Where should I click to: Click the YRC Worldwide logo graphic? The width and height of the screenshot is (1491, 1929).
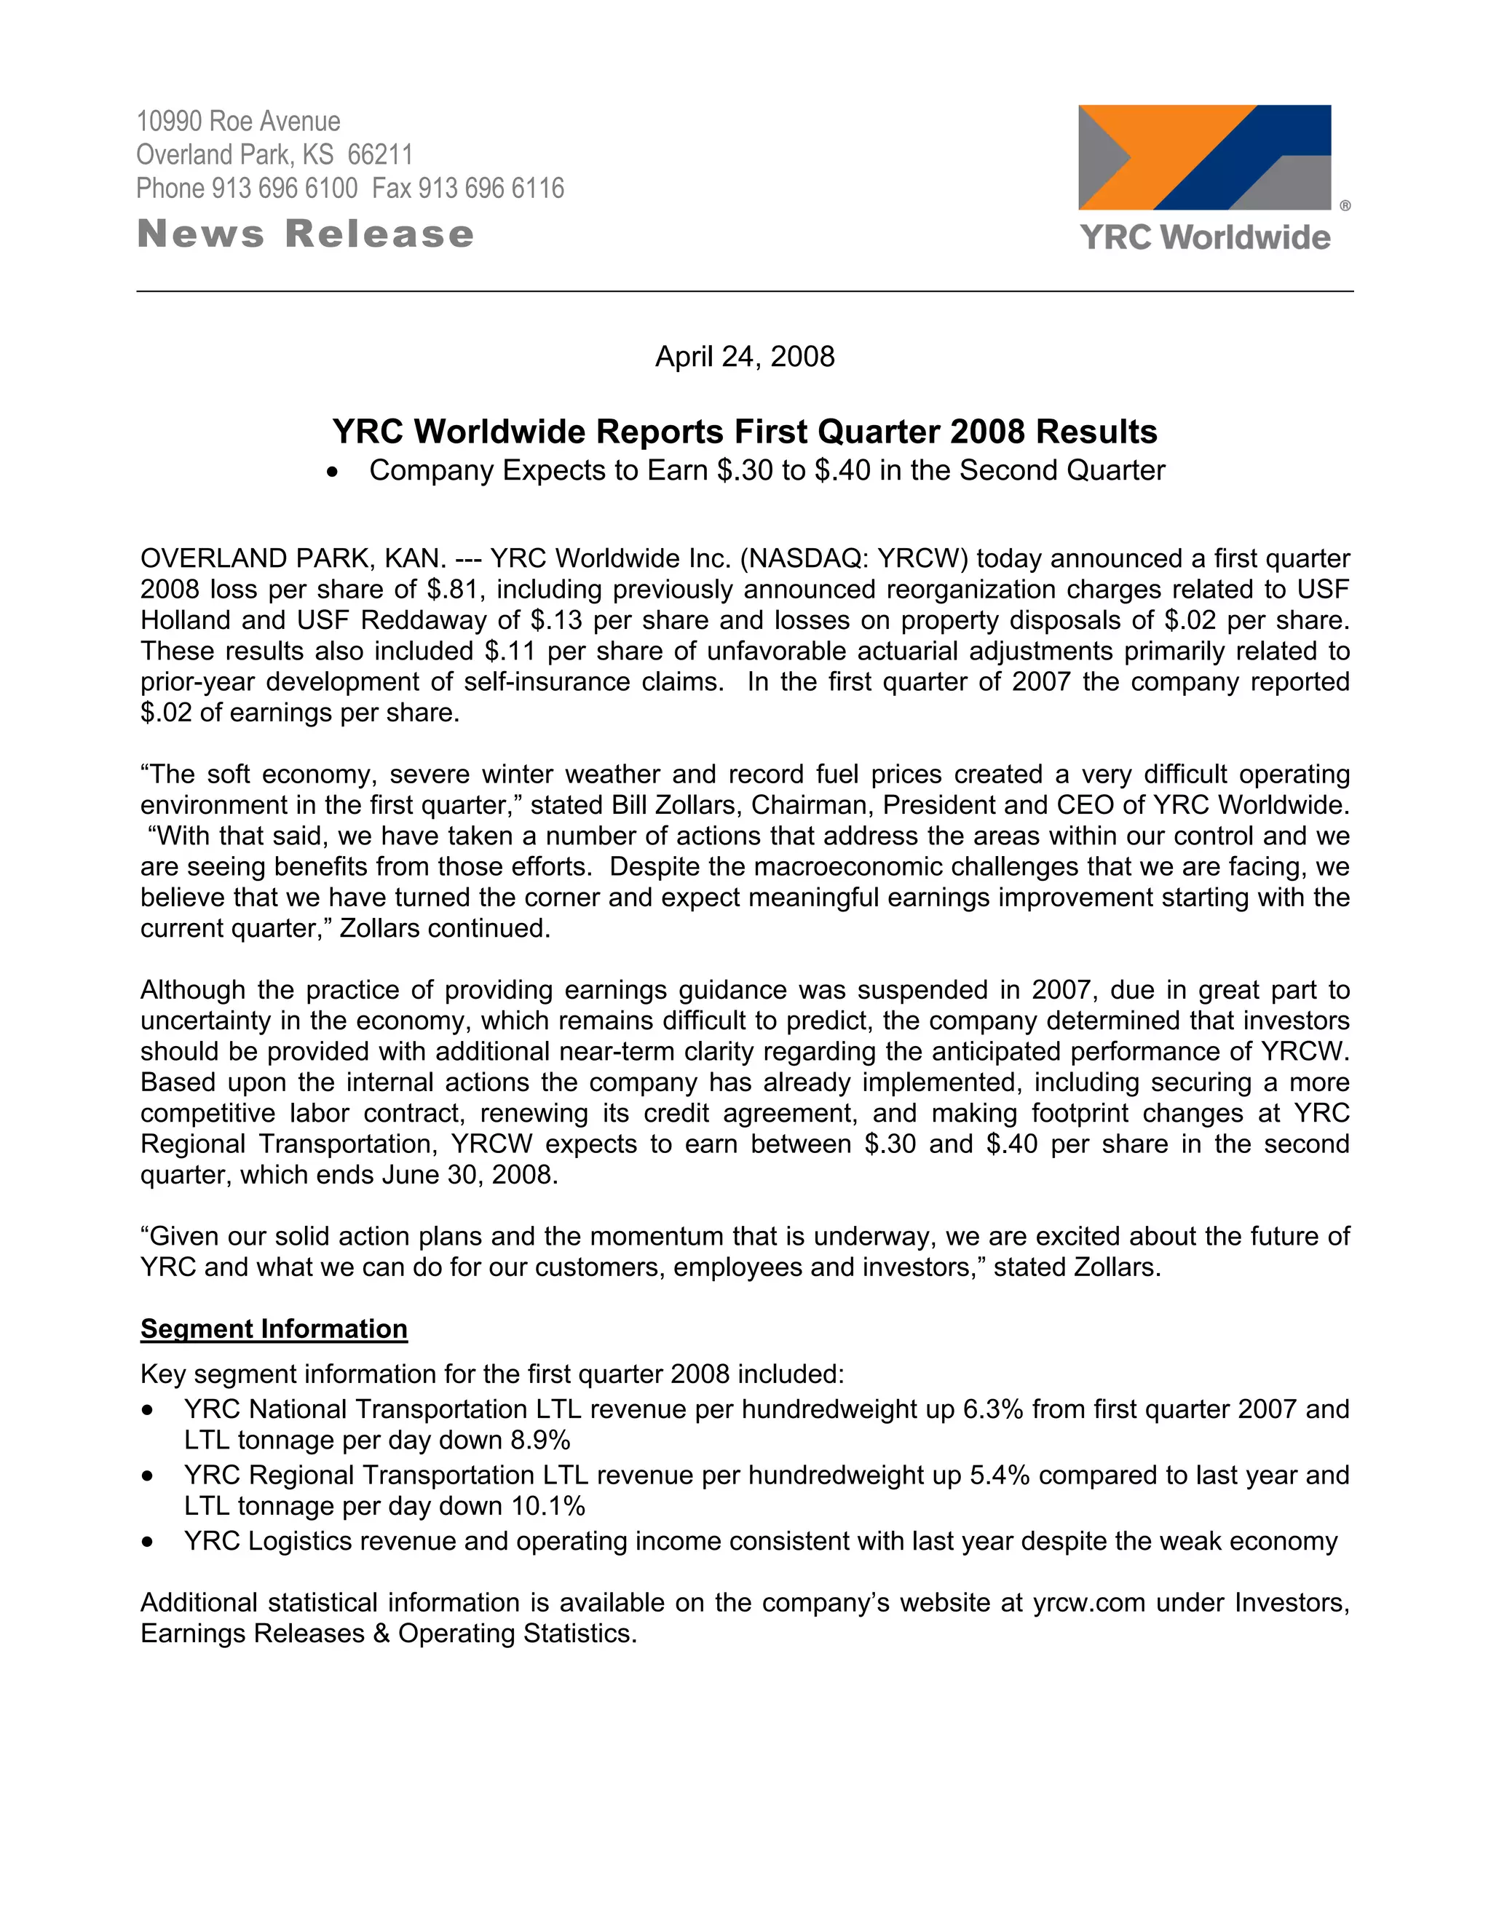point(1204,157)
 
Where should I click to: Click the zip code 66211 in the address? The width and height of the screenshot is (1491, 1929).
point(380,154)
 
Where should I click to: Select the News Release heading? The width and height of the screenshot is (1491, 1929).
point(306,234)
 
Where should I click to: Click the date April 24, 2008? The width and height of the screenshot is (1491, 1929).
point(745,357)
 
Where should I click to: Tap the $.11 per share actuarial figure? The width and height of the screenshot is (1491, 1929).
point(511,651)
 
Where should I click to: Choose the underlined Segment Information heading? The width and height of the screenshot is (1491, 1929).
point(274,1329)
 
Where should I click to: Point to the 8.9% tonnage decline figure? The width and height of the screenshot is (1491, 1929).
point(541,1441)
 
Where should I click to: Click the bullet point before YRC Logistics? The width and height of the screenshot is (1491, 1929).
point(148,1543)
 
